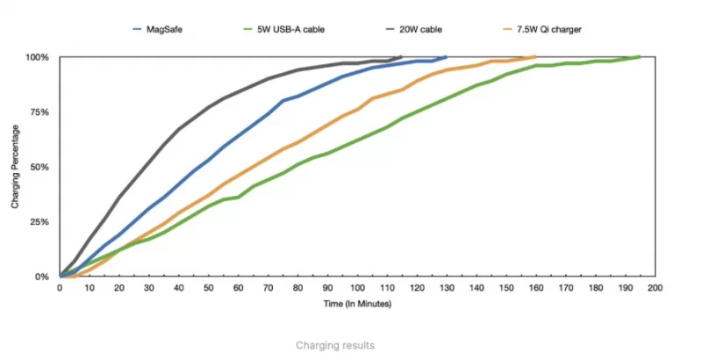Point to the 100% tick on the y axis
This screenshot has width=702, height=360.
[38, 57]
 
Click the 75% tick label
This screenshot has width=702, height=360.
[39, 112]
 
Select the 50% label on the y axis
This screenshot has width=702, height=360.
[39, 167]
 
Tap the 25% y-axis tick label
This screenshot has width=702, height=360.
[39, 222]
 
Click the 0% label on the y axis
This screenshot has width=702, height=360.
[42, 277]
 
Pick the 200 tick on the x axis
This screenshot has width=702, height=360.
[654, 288]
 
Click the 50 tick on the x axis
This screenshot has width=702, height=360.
[209, 288]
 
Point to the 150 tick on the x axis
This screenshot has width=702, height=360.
[505, 288]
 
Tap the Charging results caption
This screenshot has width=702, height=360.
[335, 345]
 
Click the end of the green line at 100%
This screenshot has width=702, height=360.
[639, 57]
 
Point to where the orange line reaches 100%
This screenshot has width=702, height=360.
[534, 57]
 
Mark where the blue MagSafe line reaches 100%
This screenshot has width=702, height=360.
[446, 57]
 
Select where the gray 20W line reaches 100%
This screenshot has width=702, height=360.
[401, 57]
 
